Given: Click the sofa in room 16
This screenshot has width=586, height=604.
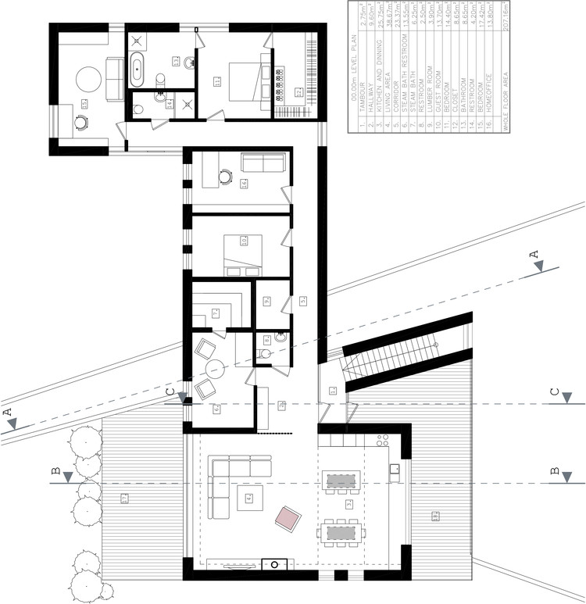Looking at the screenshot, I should click(263, 163).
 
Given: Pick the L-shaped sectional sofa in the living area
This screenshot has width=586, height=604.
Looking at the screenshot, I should click(227, 484).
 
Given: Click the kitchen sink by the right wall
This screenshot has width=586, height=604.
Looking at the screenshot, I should click(395, 470).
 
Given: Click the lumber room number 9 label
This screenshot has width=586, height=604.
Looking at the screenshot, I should click(266, 299).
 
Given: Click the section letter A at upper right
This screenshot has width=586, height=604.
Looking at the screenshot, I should click(534, 254).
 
